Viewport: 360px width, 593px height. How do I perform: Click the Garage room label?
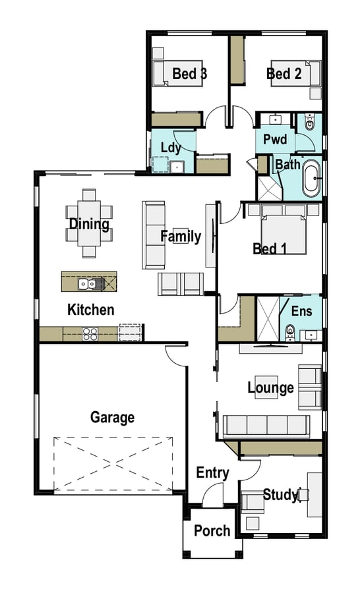[x=113, y=418]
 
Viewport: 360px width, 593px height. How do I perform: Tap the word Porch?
[x=212, y=531]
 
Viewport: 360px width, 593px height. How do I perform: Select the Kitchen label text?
[x=91, y=310]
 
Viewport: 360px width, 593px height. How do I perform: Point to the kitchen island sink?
[x=90, y=283]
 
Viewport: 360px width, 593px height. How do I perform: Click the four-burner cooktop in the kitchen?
[x=90, y=333]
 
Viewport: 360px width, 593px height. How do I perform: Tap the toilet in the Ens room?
[x=290, y=331]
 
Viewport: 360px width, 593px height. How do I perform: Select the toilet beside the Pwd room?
[x=310, y=122]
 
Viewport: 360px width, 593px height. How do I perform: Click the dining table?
[x=89, y=223]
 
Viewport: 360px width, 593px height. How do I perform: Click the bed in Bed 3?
[x=177, y=73]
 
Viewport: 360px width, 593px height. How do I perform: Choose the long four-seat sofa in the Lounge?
[x=266, y=425]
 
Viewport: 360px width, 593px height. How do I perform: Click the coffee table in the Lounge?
[x=266, y=387]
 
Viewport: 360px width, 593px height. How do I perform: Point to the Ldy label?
[x=171, y=148]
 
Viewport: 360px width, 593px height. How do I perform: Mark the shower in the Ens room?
[x=268, y=319]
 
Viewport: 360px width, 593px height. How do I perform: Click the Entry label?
[x=213, y=472]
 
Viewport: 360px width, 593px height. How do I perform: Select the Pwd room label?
[x=275, y=139]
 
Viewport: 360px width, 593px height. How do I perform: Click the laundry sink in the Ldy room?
[x=177, y=167]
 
